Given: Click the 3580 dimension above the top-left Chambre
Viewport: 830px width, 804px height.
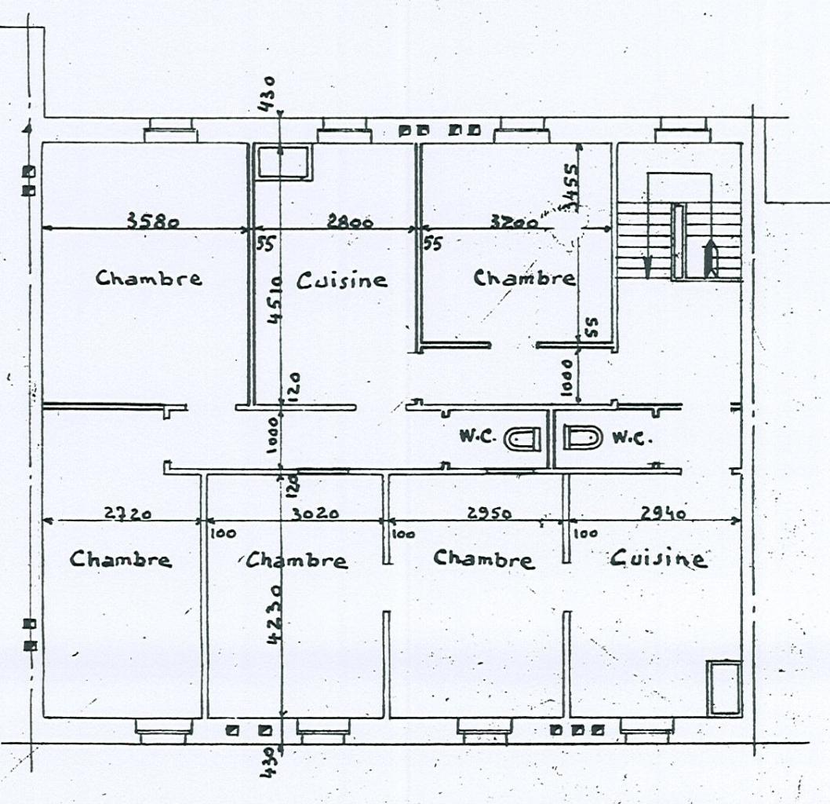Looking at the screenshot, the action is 153,221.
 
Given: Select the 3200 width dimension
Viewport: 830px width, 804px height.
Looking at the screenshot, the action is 514,222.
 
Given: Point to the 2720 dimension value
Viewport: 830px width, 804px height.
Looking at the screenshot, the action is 128,513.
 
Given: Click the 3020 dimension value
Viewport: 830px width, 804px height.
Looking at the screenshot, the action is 315,513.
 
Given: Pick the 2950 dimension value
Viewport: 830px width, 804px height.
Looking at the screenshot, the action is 490,513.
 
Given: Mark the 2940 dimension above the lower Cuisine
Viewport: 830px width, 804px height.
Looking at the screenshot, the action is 663,513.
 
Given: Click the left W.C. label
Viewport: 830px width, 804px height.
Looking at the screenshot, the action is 475,437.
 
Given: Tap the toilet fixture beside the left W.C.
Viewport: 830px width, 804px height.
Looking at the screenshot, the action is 522,438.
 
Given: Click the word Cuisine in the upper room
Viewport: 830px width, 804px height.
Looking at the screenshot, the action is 342,280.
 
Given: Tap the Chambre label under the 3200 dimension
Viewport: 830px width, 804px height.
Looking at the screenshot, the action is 524,278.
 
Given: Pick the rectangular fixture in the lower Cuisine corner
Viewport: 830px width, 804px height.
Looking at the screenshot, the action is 723,688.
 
